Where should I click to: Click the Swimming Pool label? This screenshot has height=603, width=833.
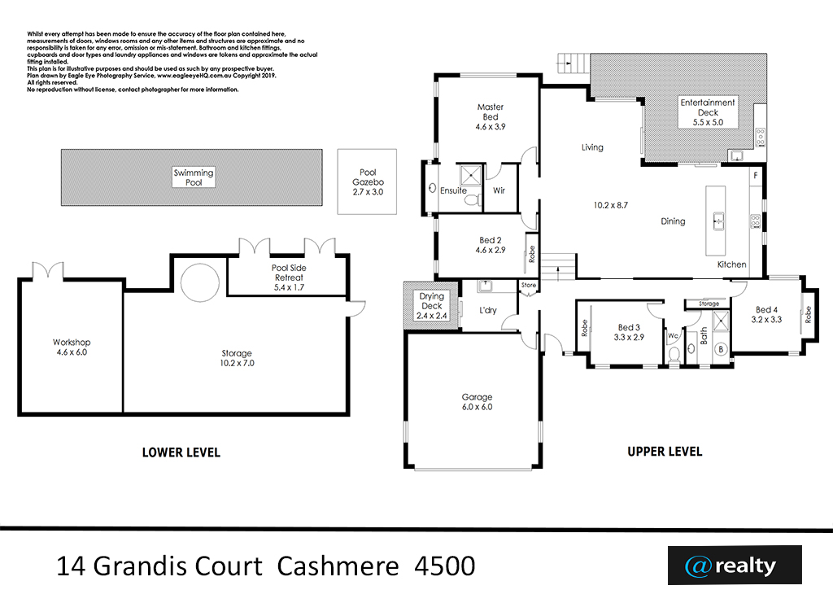(194, 177)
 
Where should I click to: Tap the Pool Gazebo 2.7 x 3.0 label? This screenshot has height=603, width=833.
(368, 181)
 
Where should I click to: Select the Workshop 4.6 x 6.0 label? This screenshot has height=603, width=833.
(72, 347)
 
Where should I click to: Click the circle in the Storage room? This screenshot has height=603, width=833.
(200, 282)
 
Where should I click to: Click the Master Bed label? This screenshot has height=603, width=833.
(491, 111)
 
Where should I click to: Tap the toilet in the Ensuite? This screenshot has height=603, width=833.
(471, 199)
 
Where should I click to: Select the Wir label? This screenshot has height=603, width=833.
(499, 190)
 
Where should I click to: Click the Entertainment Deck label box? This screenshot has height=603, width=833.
(708, 112)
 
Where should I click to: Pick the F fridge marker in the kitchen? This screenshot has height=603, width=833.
(756, 176)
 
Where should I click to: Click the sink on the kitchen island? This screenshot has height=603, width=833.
(718, 221)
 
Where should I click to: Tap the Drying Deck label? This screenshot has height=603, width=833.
(431, 301)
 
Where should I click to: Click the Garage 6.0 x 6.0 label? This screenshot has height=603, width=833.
(477, 402)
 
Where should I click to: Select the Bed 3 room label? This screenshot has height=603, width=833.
(629, 327)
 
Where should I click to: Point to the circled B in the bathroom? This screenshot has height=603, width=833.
(721, 349)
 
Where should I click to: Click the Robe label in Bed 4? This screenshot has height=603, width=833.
(808, 314)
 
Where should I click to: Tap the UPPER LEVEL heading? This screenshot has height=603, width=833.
(665, 452)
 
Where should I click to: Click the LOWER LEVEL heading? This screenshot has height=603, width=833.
(181, 452)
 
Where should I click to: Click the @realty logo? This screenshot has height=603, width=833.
(735, 566)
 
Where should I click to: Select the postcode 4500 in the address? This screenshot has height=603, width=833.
(445, 566)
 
